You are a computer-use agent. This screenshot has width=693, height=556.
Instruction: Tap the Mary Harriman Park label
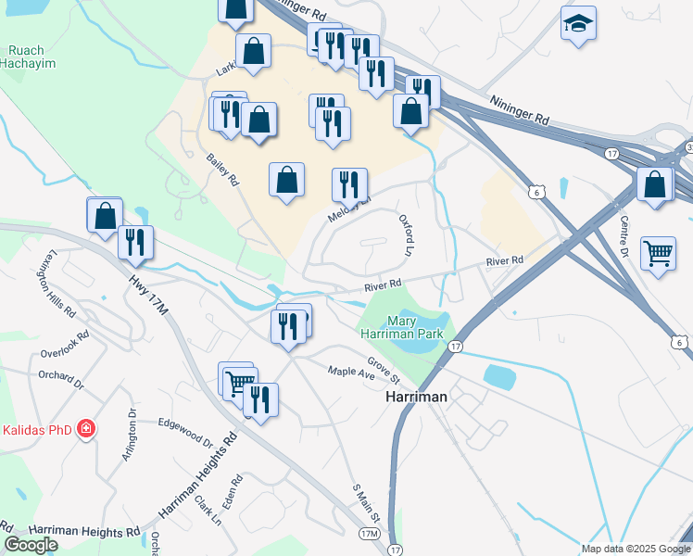[401, 325]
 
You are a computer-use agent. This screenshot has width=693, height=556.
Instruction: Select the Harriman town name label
[416, 396]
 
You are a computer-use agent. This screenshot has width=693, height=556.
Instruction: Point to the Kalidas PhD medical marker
[85, 429]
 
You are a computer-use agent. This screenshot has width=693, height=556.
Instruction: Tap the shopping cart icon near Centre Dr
[657, 251]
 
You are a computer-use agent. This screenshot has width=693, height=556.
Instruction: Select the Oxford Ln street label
[405, 235]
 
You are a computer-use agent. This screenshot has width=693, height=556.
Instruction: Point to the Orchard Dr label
[61, 376]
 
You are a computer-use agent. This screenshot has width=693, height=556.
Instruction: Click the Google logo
[31, 545]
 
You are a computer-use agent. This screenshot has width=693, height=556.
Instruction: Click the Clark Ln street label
[208, 511]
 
